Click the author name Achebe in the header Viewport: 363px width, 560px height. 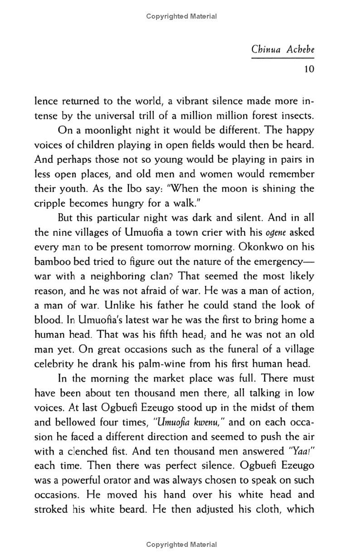tap(300, 49)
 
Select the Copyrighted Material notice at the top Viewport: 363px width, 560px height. tap(181, 16)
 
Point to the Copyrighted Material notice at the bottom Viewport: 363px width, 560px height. tap(181, 545)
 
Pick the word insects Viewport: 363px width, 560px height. tap(295, 116)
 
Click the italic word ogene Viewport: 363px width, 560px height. tap(274, 233)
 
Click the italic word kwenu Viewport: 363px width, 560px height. tap(207, 422)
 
